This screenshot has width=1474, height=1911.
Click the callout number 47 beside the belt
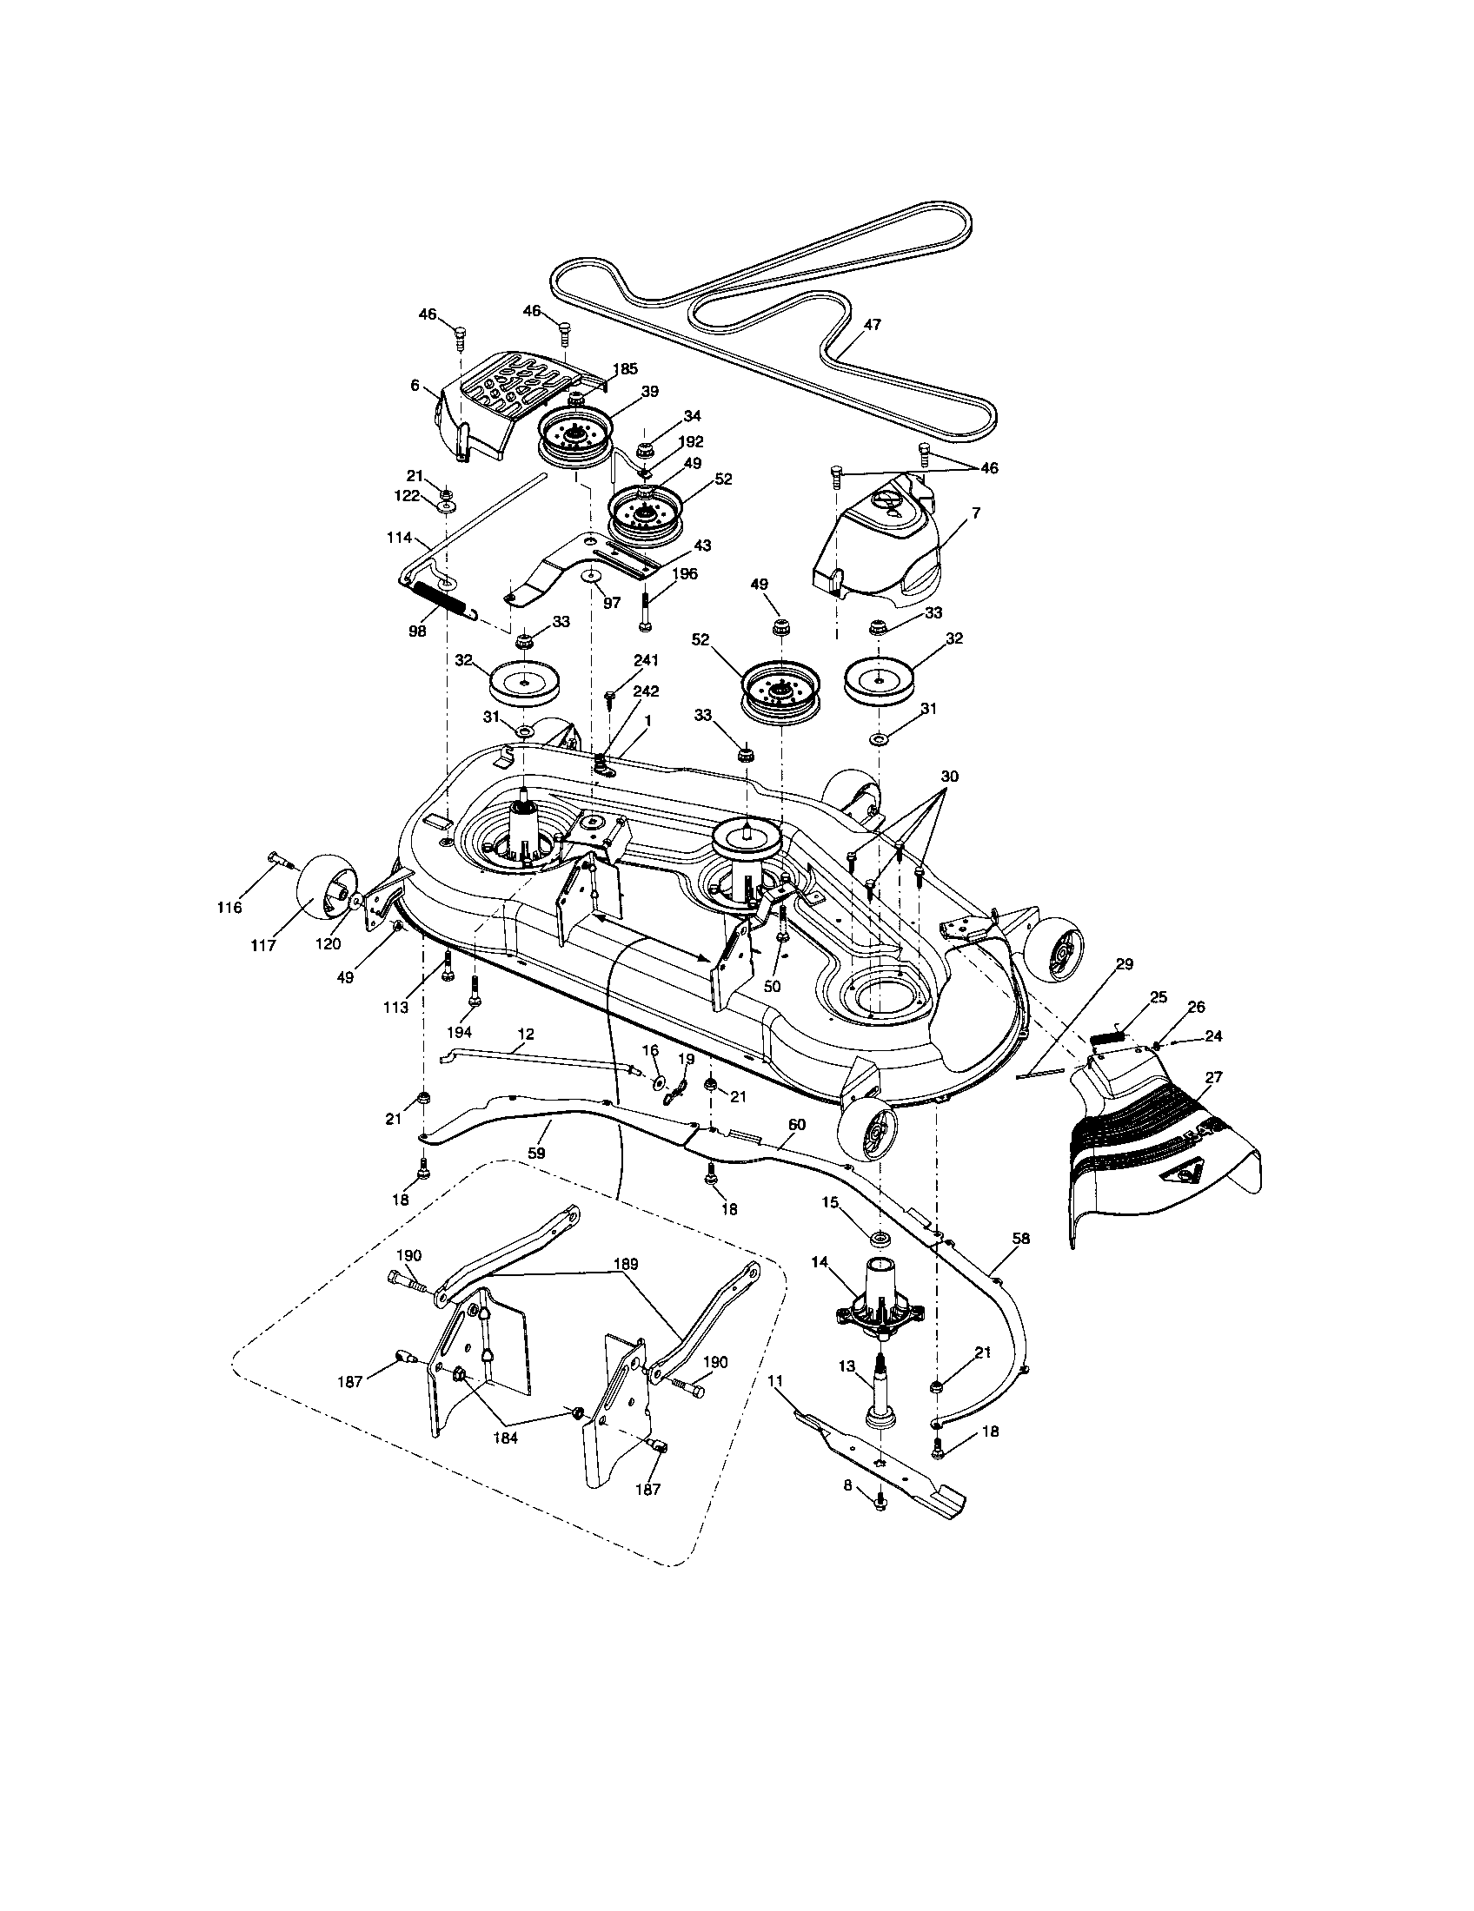(872, 324)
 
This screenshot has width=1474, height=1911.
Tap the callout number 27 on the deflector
(1214, 1077)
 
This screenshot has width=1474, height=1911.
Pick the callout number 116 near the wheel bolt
(229, 909)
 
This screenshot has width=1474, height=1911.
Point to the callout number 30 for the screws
(951, 776)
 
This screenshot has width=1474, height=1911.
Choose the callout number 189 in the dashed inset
(626, 1264)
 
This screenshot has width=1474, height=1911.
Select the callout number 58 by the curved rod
(1020, 1238)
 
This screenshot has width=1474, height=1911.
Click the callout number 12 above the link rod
(524, 1035)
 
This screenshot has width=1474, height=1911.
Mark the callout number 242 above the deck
(646, 691)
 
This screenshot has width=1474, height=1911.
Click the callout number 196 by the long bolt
(686, 573)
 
